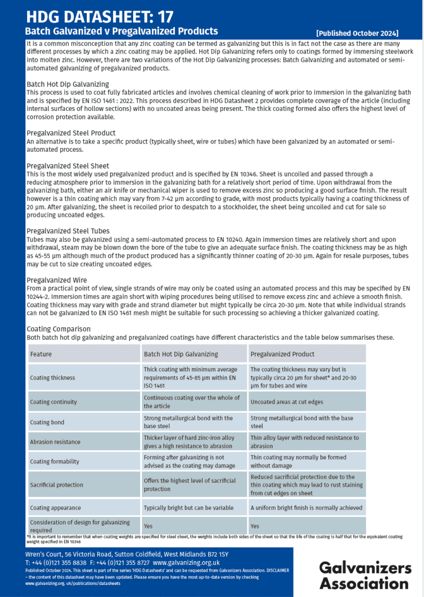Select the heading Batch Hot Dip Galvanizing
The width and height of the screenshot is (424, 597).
coord(68,84)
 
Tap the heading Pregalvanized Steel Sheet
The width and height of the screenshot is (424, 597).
coord(68,166)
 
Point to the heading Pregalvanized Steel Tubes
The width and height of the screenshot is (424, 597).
coord(68,231)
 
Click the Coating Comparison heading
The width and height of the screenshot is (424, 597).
coord(59,329)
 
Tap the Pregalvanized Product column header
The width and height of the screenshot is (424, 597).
coord(282,354)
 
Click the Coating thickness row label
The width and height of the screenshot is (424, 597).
coord(52,377)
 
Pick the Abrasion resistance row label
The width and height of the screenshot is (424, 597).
coord(55,441)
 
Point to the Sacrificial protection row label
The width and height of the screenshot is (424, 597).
coord(56,484)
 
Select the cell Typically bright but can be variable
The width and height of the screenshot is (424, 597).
coord(188,508)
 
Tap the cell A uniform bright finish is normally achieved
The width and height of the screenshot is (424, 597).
coord(306,508)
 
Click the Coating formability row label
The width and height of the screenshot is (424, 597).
coord(54,461)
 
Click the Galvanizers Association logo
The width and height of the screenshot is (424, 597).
coord(365,575)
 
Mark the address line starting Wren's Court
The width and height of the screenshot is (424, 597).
coord(126,554)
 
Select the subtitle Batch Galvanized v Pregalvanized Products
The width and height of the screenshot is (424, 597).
coord(121,31)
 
